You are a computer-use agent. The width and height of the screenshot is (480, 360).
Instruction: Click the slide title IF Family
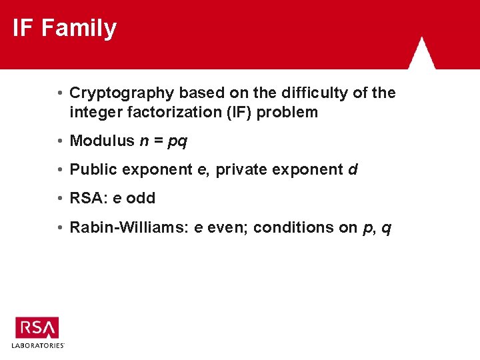tap(65, 28)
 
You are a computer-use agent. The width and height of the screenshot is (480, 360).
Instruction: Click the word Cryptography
tap(122, 93)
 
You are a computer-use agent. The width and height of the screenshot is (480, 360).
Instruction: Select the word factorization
tap(175, 112)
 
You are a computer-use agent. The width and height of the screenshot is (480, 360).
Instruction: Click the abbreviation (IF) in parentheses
tap(239, 113)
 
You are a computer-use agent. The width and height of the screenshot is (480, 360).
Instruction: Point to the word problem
tap(287, 113)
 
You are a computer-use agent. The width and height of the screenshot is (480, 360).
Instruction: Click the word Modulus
tap(102, 141)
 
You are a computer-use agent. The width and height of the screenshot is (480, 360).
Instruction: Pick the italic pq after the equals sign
tap(177, 142)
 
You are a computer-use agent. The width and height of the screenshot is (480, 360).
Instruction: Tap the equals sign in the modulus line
tap(159, 141)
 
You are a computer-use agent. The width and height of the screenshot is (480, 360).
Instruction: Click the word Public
tap(93, 169)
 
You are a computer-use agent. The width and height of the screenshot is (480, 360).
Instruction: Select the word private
tap(241, 170)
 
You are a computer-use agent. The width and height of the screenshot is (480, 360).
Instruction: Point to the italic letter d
tap(353, 169)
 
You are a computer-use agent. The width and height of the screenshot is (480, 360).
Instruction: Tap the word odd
tap(141, 198)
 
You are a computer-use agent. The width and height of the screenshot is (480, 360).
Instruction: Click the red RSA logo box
tap(37, 327)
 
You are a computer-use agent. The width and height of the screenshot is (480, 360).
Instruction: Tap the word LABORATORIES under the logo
tap(37, 345)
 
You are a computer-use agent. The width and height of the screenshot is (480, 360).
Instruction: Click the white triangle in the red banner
tap(421, 53)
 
